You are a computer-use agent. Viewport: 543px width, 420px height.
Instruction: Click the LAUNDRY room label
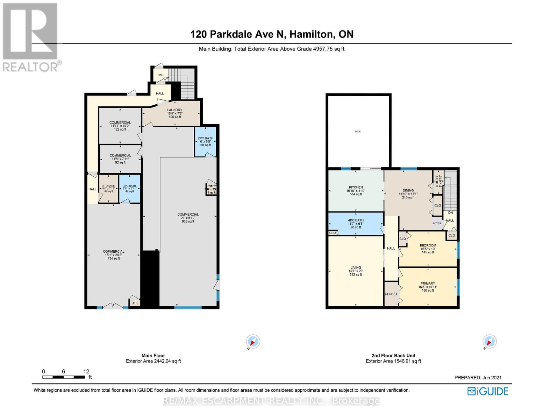point(174,110)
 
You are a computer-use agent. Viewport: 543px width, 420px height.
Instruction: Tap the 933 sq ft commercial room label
point(188,218)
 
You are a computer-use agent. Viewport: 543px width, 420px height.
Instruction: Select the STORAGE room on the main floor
point(108,188)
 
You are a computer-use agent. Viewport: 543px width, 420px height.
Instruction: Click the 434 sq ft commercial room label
point(114,255)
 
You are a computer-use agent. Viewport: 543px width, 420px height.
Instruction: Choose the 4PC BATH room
point(356,224)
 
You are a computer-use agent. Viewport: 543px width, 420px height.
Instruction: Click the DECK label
point(358,132)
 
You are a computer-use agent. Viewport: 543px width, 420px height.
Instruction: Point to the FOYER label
point(437,223)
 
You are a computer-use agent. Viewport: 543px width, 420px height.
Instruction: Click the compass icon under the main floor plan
point(253,342)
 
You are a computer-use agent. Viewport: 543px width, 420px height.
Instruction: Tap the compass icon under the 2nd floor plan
point(489,342)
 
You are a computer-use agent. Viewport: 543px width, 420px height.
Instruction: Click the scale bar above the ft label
point(63,377)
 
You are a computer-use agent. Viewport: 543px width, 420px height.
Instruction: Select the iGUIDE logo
point(488,391)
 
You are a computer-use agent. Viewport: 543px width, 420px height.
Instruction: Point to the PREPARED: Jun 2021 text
point(478,377)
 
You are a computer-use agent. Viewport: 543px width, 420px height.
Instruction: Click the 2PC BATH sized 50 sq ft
point(205,141)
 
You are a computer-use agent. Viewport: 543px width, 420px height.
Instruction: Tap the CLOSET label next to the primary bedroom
point(391,294)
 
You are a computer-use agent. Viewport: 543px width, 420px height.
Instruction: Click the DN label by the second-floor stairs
point(450,212)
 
